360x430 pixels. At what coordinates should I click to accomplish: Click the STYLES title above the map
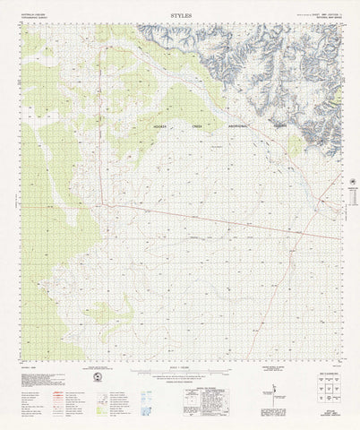pos(180,15)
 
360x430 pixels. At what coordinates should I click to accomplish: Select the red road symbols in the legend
pos(38,385)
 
